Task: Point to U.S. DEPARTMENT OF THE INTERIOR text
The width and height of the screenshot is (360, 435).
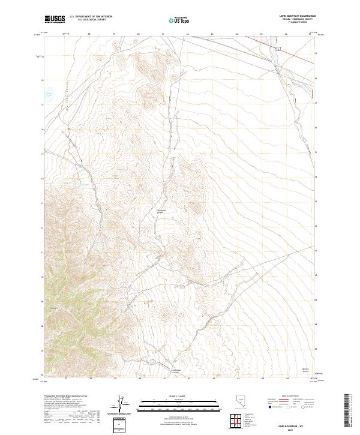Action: click(91, 17)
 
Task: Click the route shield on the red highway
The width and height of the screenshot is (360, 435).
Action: click(278, 47)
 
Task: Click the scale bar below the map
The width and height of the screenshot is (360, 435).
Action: click(171, 403)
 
